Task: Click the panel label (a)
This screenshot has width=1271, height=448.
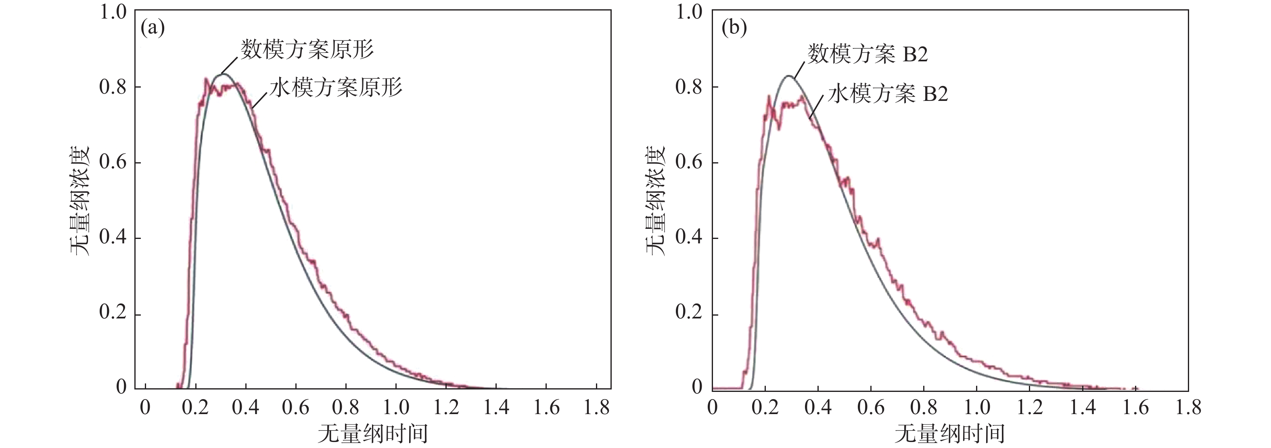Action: click(153, 28)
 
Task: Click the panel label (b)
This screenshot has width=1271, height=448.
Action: click(734, 28)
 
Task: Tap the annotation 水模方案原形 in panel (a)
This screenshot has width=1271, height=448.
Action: click(336, 88)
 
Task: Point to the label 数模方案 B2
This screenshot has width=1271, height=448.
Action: click(867, 54)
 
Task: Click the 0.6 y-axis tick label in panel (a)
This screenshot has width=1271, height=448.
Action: click(113, 162)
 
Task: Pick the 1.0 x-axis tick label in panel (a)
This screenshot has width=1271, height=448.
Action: click(396, 408)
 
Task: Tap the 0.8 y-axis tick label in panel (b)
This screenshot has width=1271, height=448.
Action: click(689, 87)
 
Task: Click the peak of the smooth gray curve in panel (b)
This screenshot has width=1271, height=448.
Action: click(789, 76)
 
